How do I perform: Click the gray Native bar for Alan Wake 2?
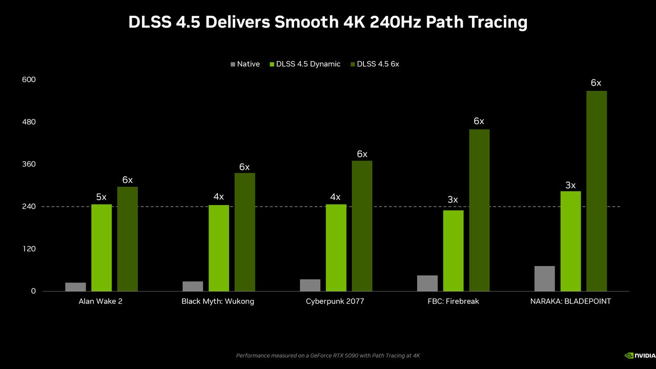pos(75,286)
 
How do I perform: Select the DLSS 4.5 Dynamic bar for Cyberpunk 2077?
pos(336,248)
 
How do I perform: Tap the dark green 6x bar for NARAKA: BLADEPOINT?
pos(597,191)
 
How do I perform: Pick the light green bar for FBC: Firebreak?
pos(454,251)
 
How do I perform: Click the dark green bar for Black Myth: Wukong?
pos(245,232)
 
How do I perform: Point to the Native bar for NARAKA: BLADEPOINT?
pos(544,278)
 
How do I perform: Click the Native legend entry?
pos(245,64)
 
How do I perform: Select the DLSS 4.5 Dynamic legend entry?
pos(305,64)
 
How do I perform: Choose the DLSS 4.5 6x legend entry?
pos(375,64)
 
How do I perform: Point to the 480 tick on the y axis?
pos(29,122)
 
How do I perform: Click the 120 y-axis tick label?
pos(29,249)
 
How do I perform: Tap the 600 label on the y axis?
pos(29,79)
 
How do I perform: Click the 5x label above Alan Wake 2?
pos(101,197)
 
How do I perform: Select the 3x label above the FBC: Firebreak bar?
pos(453,200)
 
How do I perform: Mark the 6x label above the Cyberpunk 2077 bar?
pos(362,154)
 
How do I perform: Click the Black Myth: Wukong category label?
pos(218,301)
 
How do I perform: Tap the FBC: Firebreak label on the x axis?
pos(453,301)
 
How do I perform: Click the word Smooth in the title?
pos(306,22)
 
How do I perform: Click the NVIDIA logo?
pos(640,356)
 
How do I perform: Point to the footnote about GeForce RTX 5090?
pos(328,356)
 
